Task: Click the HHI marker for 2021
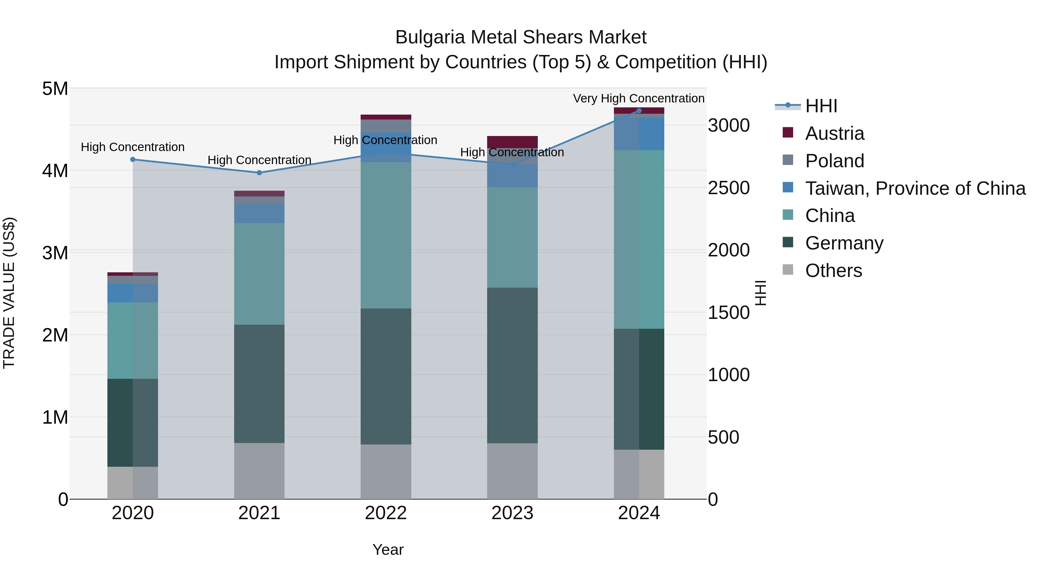point(259,173)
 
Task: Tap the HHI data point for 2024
point(639,111)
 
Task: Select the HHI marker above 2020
point(133,159)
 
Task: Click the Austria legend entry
point(834,133)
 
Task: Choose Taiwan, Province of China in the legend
point(915,188)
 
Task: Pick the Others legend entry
point(833,270)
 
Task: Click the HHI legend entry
point(821,106)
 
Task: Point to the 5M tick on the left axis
point(55,89)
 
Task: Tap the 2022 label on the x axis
point(386,513)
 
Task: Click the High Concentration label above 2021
point(259,160)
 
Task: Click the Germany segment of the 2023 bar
point(512,365)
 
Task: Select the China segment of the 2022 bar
point(386,235)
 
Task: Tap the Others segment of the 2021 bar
point(259,471)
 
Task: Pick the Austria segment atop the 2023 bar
point(512,142)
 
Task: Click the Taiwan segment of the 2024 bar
point(639,134)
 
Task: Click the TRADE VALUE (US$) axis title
point(9,293)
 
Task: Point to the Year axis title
point(388,550)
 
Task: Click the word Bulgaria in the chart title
point(430,37)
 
